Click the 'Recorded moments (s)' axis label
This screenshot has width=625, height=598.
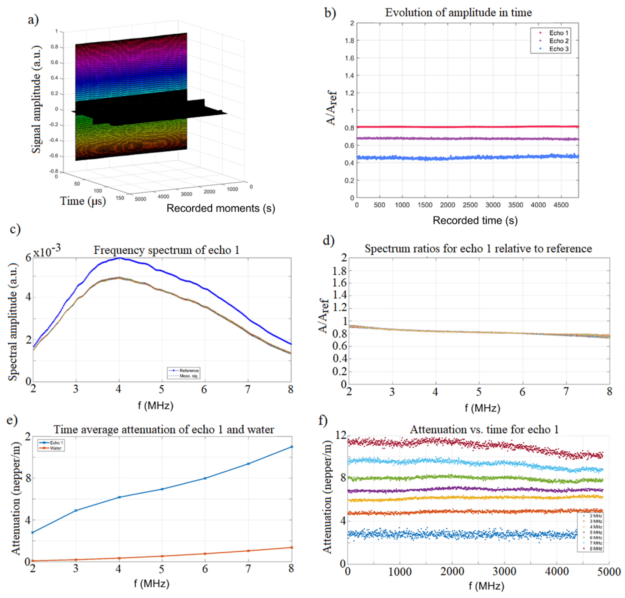tap(221, 208)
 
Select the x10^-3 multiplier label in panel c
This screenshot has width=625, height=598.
tap(47, 251)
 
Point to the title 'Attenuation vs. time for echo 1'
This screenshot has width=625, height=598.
tap(484, 429)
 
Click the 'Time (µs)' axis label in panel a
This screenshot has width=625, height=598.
tap(83, 201)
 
